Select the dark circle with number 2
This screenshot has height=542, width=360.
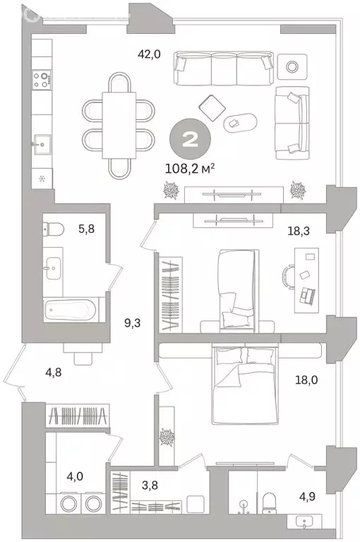pyautogui.click(x=190, y=138)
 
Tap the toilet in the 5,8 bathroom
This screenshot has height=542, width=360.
pyautogui.click(x=52, y=228)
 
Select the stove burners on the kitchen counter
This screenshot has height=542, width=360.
pyautogui.click(x=43, y=79)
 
